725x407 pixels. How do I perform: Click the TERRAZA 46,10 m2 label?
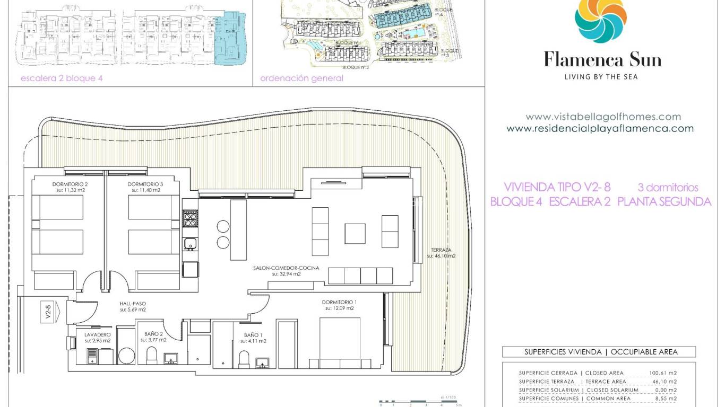pos(441,253)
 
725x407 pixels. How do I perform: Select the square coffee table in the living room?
pos(355,233)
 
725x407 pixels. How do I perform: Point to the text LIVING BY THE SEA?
pos(601,77)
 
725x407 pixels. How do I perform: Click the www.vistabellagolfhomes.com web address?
pos(603,117)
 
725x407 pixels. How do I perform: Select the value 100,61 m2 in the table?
pos(662,373)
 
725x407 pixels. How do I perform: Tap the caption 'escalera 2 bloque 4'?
pos(61,78)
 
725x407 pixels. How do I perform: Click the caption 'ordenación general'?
pos(301,78)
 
